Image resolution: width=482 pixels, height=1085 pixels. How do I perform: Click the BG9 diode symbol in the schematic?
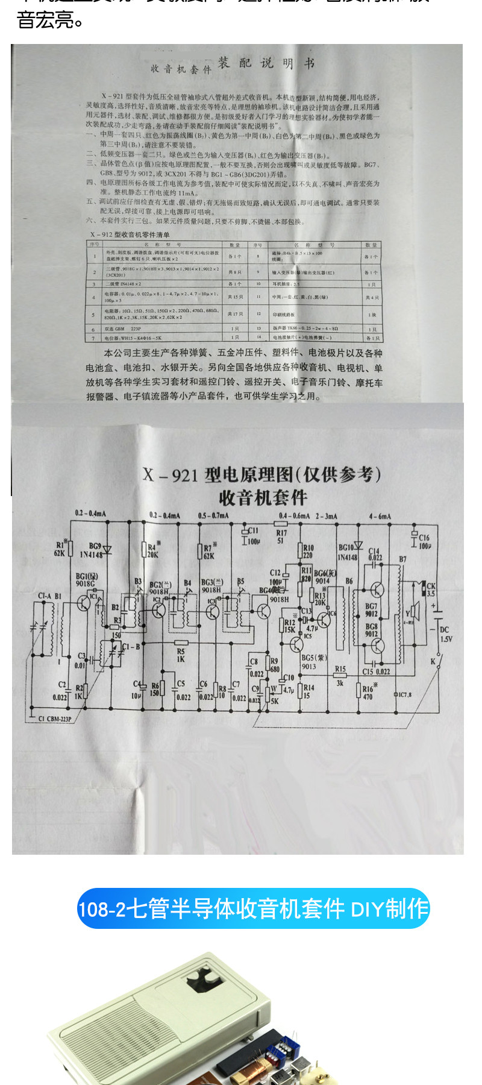[x=107, y=549]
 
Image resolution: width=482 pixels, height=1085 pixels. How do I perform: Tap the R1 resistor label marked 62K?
[x=60, y=549]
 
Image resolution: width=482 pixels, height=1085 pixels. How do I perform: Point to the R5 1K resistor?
[x=181, y=643]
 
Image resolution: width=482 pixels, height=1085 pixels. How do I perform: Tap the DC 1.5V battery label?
[x=445, y=634]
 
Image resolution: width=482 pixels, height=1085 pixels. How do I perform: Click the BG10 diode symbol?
[x=358, y=546]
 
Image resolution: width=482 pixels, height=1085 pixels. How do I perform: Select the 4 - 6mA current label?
[x=380, y=516]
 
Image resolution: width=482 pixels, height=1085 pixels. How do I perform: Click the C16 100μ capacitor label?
[x=424, y=541]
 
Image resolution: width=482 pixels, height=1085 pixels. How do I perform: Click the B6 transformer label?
[x=349, y=581]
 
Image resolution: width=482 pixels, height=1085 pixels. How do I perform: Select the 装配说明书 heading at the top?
[x=265, y=63]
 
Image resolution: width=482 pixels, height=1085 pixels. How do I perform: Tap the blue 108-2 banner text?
[x=253, y=908]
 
